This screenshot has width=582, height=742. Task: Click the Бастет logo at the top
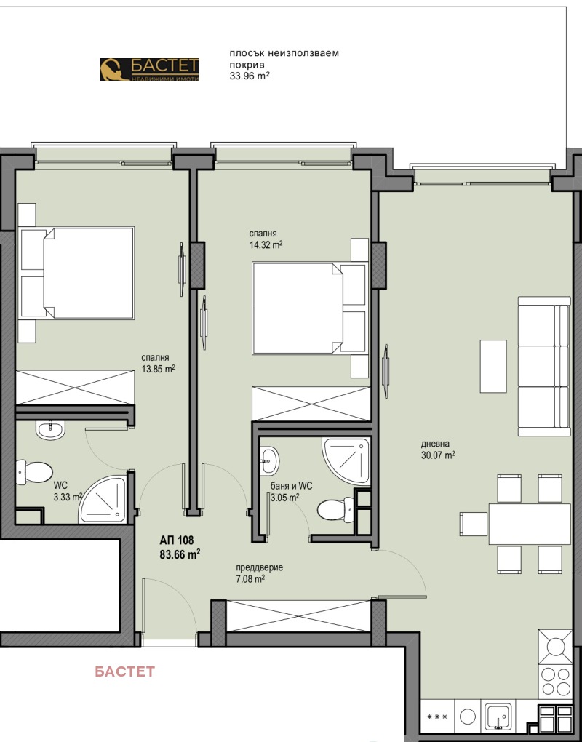click(150, 70)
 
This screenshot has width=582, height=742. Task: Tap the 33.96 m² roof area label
click(250, 76)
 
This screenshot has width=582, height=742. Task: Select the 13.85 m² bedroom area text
click(159, 369)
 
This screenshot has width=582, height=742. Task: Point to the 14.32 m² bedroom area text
click(266, 244)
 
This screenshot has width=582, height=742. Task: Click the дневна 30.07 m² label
click(438, 450)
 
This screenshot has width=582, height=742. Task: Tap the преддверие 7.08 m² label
click(259, 573)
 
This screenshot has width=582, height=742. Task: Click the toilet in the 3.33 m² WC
click(33, 472)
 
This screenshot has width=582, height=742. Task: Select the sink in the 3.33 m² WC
click(49, 430)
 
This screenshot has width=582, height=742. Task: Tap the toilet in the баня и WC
click(335, 510)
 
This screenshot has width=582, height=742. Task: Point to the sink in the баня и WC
click(269, 460)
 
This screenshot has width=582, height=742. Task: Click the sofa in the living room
click(544, 366)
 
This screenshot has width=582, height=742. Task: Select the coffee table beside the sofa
click(493, 366)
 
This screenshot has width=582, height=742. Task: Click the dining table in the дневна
click(530, 524)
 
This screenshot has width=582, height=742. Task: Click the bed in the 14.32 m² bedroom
click(310, 308)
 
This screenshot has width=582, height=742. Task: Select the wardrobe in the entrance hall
click(298, 615)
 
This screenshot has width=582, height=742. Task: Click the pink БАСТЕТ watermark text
click(125, 671)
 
